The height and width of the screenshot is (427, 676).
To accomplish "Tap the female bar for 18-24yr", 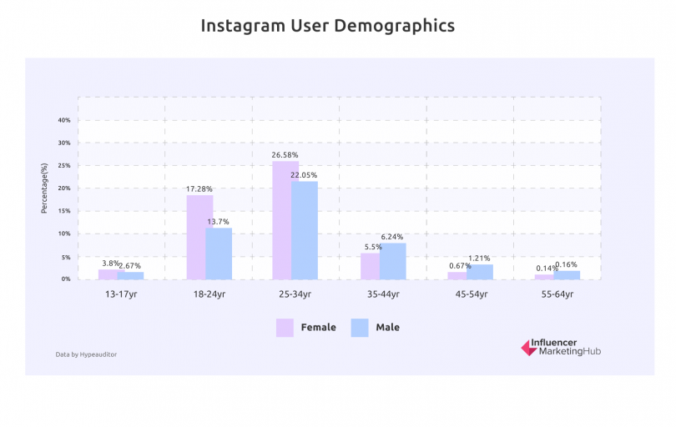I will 199,238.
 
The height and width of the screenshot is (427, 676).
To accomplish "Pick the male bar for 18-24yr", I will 219,254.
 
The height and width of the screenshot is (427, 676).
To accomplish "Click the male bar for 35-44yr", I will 392,261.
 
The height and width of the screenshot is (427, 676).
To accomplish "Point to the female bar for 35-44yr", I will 370,266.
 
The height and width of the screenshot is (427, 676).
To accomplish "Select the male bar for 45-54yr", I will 480,272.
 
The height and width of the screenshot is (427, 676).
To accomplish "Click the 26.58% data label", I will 285,155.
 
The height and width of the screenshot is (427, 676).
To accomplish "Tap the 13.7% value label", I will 219,222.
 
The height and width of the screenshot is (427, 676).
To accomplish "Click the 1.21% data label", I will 479,259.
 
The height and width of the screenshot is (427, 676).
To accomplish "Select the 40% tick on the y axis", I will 64,120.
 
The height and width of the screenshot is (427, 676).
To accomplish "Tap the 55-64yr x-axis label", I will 557,294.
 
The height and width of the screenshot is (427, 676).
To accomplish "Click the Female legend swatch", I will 285,328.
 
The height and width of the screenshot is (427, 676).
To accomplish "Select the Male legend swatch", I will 359,328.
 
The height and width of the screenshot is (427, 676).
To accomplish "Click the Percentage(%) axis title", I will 44,187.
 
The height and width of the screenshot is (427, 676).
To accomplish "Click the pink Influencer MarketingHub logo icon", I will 528,348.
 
